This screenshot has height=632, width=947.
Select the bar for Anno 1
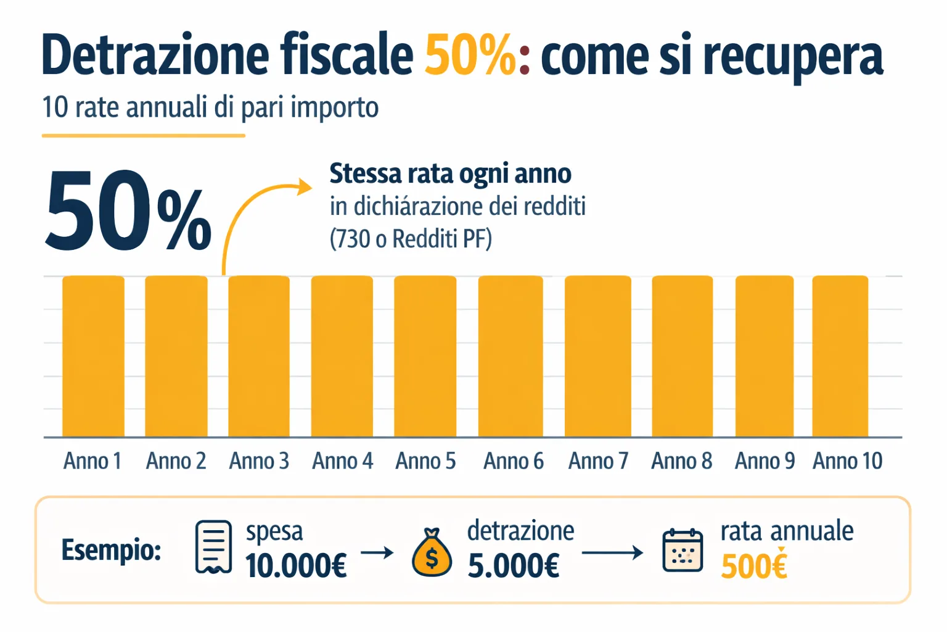(x=93, y=356)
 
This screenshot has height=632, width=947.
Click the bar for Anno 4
(x=342, y=356)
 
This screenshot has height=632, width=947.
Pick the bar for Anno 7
(x=597, y=356)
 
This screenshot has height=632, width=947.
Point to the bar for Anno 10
(x=840, y=356)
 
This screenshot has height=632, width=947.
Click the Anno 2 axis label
(x=176, y=461)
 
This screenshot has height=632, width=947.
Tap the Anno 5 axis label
(x=425, y=461)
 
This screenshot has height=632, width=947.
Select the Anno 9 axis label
(x=765, y=461)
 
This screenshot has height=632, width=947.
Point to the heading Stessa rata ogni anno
(x=450, y=174)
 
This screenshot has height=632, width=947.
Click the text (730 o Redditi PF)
(x=411, y=239)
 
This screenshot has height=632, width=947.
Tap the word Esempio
(x=111, y=549)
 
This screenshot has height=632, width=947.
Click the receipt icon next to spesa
(x=213, y=547)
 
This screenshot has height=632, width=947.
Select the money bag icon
(x=432, y=553)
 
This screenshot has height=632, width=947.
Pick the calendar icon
(x=682, y=551)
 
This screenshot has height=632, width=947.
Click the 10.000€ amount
(x=296, y=566)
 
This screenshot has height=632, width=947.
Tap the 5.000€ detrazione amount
(x=514, y=566)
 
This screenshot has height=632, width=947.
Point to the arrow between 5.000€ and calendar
(x=612, y=552)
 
